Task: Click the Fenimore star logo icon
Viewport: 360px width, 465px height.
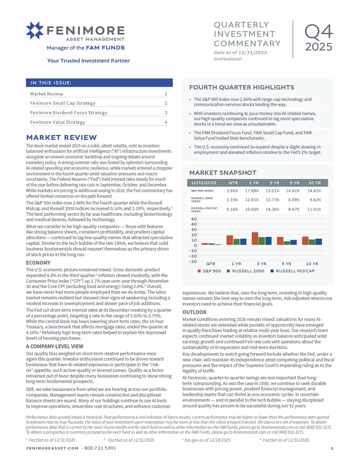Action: tap(35, 31)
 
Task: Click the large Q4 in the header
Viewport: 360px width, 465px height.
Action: tap(319, 32)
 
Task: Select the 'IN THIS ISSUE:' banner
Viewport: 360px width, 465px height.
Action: tap(99, 83)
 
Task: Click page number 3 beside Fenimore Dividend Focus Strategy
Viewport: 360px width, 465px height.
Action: tap(166, 113)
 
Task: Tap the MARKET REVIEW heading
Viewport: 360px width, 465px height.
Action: tap(61, 138)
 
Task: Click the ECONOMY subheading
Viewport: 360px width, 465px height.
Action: tap(38, 263)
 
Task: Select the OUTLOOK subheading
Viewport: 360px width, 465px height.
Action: tap(194, 312)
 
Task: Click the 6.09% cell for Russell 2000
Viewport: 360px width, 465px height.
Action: tap(294, 200)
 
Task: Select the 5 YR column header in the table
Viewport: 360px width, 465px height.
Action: tap(294, 183)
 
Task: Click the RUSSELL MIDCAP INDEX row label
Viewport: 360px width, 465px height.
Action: tap(204, 209)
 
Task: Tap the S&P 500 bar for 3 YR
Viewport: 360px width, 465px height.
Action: tap(255, 239)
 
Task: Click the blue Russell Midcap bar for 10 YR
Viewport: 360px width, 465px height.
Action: tap(319, 242)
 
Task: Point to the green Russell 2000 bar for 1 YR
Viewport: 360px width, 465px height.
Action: tap(236, 242)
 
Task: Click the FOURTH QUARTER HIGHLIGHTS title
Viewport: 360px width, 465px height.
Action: tap(241, 87)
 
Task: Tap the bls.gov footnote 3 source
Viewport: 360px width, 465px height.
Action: tap(207, 440)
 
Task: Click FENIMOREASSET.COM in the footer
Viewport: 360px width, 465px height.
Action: tap(52, 448)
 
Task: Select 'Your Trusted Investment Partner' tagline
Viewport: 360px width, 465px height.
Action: tap(88, 61)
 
